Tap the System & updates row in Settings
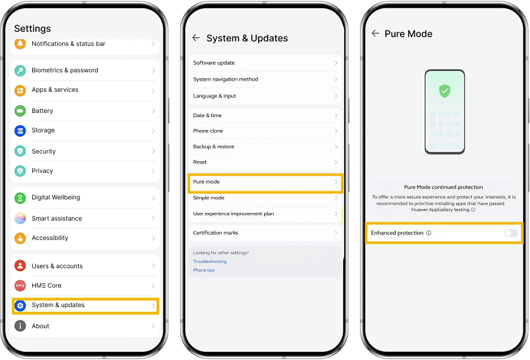[85, 305]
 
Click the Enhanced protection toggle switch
[511, 233]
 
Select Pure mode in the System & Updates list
[265, 183]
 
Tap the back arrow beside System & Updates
[196, 38]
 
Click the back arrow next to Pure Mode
[375, 33]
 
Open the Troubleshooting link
[210, 261]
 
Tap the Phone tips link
[204, 270]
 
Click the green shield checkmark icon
[445, 91]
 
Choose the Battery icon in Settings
[20, 111]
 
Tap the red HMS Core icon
[20, 286]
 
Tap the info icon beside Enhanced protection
[429, 233]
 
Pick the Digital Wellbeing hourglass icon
[20, 198]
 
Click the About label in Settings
[41, 326]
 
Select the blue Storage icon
[20, 131]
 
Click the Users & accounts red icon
[20, 266]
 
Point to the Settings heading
[32, 29]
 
